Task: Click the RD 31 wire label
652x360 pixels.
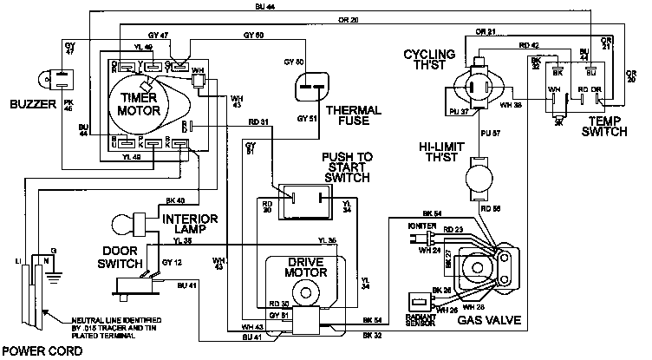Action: (x=258, y=121)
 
